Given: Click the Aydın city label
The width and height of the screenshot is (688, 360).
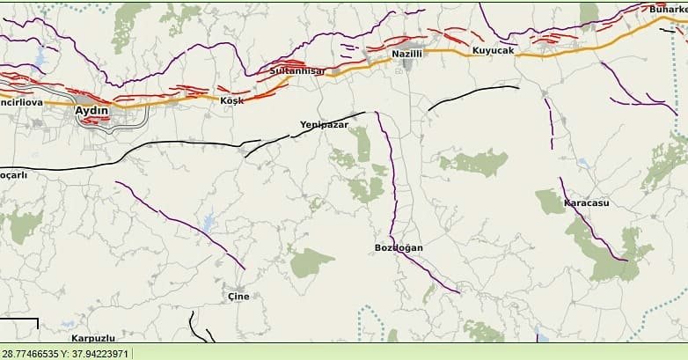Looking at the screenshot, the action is [91, 110].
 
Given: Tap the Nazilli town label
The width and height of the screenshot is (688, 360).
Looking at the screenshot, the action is [407, 54].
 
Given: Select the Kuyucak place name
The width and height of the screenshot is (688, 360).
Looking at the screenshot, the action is [493, 51].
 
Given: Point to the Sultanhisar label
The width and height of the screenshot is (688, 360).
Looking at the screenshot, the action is [297, 70].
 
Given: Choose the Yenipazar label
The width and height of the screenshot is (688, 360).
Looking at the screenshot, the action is [325, 125].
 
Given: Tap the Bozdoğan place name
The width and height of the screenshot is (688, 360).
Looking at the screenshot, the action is [399, 247].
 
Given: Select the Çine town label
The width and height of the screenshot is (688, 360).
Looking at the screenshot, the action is [238, 296].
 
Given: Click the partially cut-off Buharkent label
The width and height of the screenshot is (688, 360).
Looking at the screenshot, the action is [668, 9].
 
